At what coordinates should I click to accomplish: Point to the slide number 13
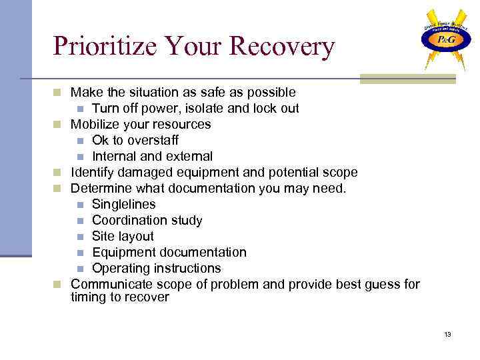(x=447, y=334)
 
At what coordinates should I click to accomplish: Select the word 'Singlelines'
(x=123, y=205)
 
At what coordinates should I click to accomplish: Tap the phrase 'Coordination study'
(x=147, y=221)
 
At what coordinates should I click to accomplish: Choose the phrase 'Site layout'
(x=123, y=237)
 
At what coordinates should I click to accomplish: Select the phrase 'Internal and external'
(x=152, y=157)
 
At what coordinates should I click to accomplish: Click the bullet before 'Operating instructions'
(x=80, y=269)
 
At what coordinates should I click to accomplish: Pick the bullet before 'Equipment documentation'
(x=80, y=253)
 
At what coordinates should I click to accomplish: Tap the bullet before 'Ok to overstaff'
(x=80, y=141)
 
